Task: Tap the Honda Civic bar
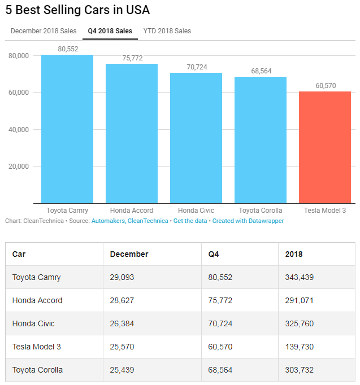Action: (196, 138)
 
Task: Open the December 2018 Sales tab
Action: (44, 31)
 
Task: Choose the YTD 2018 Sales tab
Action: (167, 31)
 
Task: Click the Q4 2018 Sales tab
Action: (110, 31)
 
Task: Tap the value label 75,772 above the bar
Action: (132, 58)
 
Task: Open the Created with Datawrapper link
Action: (248, 221)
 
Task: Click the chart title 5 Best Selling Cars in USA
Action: (78, 10)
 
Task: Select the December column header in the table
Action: (129, 254)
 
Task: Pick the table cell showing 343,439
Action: (300, 277)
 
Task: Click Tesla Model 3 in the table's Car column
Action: (36, 347)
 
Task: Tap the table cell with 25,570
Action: (123, 347)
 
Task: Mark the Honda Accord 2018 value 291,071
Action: (300, 300)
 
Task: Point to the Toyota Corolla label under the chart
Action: (261, 211)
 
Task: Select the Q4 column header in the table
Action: (214, 254)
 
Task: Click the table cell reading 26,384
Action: (123, 323)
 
